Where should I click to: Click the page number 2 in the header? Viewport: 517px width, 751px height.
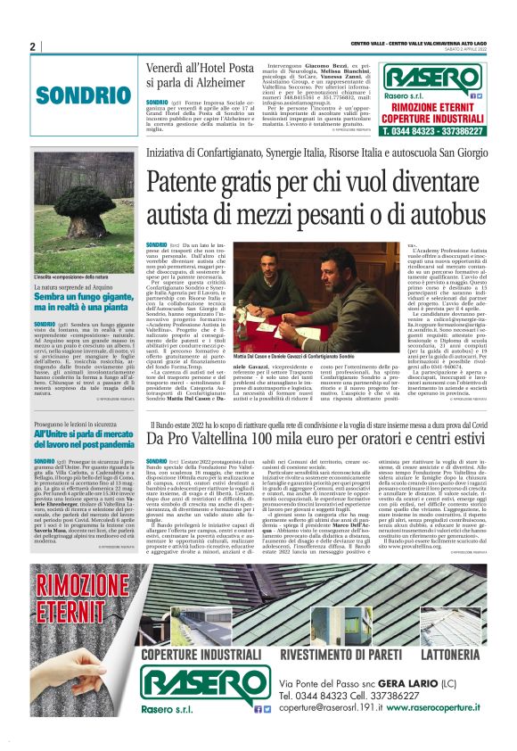[32, 46]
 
